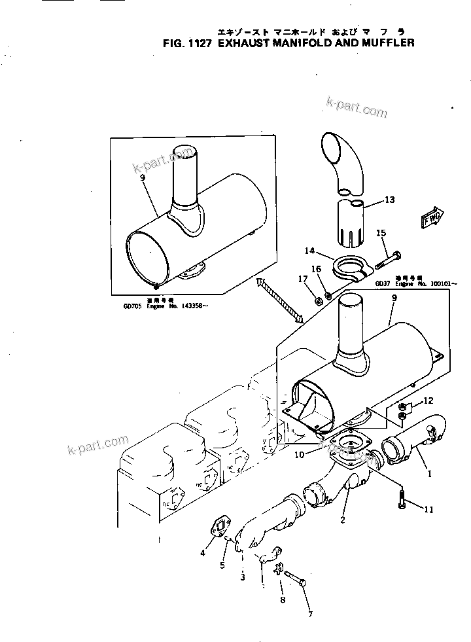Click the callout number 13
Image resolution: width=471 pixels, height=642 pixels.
tap(390, 200)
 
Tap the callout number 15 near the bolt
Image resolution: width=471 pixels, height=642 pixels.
tap(381, 233)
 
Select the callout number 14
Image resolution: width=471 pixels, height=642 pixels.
tap(309, 250)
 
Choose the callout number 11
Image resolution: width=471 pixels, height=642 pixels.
tap(428, 508)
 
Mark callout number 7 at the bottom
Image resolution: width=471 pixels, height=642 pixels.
tap(311, 614)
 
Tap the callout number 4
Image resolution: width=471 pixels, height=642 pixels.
tap(203, 553)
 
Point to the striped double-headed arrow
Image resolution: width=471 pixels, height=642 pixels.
tap(281, 299)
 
